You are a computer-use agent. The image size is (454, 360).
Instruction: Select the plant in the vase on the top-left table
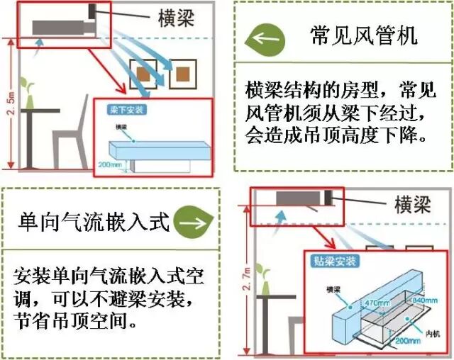click(29, 92)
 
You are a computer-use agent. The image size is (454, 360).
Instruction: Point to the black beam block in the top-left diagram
click(92, 13)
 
